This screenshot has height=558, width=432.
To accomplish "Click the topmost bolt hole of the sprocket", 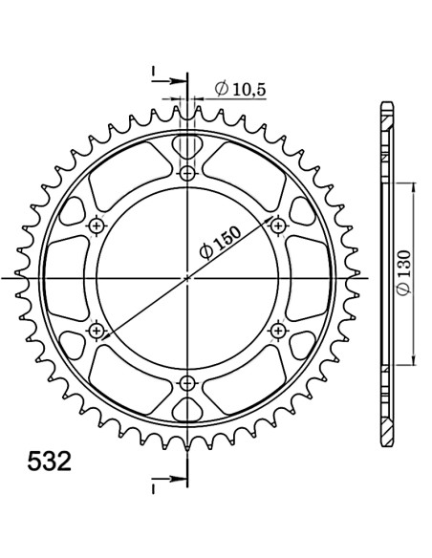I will (186, 173).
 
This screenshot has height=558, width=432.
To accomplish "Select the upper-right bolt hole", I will (278, 225).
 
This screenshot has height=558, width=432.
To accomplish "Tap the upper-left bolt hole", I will (96, 225).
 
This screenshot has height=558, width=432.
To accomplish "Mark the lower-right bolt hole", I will (278, 330).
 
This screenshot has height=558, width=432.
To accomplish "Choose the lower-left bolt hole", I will (96, 330).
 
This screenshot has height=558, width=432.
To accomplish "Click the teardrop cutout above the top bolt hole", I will (186, 147).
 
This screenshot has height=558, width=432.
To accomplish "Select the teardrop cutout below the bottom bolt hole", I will (186, 408).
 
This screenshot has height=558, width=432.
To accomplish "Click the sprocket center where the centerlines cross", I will (186, 277).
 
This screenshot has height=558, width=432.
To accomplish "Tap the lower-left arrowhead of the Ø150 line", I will (100, 340).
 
